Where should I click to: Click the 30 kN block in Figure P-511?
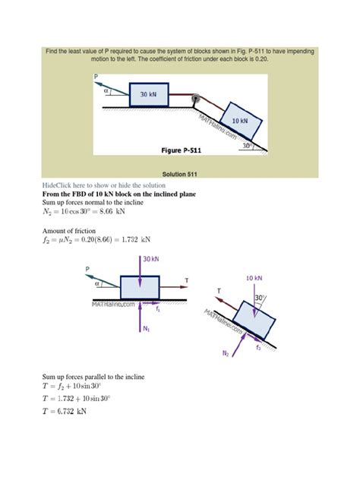point(151,95)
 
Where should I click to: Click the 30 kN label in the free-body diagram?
point(150,260)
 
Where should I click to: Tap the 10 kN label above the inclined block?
point(255,279)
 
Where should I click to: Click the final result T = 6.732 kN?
point(65,412)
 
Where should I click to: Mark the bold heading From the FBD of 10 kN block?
point(119,195)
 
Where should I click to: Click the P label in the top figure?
point(96,77)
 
